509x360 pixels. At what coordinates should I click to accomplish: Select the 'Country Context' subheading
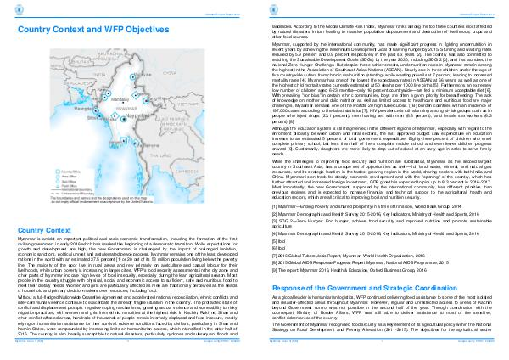click(41, 207)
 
